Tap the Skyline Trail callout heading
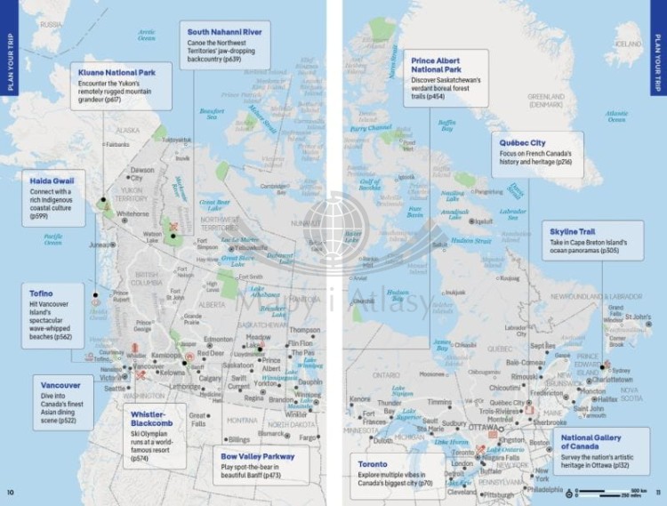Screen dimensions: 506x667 click(x=571, y=231)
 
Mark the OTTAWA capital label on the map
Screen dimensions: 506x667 click(x=485, y=426)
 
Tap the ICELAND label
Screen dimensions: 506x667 click(x=629, y=44)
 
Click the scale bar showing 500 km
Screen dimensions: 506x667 click(x=613, y=492)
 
